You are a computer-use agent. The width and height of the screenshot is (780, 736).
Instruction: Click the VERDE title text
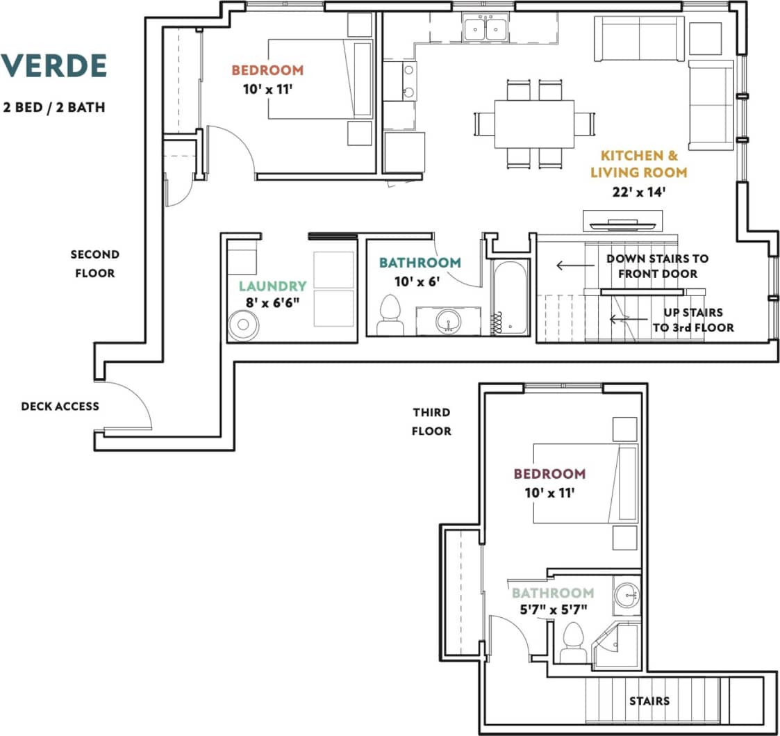coord(53,65)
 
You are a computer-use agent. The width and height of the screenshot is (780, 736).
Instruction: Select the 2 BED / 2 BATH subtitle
coord(53,108)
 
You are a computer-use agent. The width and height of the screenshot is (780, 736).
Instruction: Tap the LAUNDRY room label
coord(272,286)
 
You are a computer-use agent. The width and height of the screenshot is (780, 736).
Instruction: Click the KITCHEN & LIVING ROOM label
coord(644,164)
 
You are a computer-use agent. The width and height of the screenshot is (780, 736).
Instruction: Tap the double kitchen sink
coord(485,28)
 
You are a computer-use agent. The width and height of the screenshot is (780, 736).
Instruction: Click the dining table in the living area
coord(534,124)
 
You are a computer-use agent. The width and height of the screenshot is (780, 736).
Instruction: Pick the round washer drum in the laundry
coord(243,325)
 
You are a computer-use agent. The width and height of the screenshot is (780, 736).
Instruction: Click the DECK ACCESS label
coord(60,406)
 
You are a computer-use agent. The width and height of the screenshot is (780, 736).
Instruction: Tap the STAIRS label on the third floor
coord(649,701)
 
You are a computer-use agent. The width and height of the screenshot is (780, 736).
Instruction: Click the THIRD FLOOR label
coord(431,422)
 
